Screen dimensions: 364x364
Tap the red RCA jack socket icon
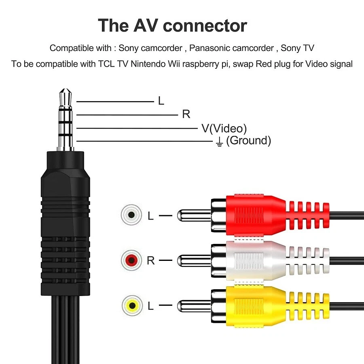pos(131,260)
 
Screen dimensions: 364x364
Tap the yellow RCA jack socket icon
pos(132,305)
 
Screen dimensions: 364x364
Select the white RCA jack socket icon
pos(131,215)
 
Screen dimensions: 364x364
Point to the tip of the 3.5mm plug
pos(66,89)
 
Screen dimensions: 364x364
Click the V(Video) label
pos(224,128)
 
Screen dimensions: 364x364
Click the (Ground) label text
pos(248,140)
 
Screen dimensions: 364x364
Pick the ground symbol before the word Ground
pos(219,142)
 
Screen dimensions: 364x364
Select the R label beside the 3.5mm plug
pos(186,114)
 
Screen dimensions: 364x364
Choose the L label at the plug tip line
pos(161,101)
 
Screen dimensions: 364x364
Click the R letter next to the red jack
pos(151,260)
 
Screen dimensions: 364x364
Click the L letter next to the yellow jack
pos(151,306)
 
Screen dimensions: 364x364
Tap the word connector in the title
pos(205,25)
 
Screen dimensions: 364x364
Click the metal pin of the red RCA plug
pos(194,215)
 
